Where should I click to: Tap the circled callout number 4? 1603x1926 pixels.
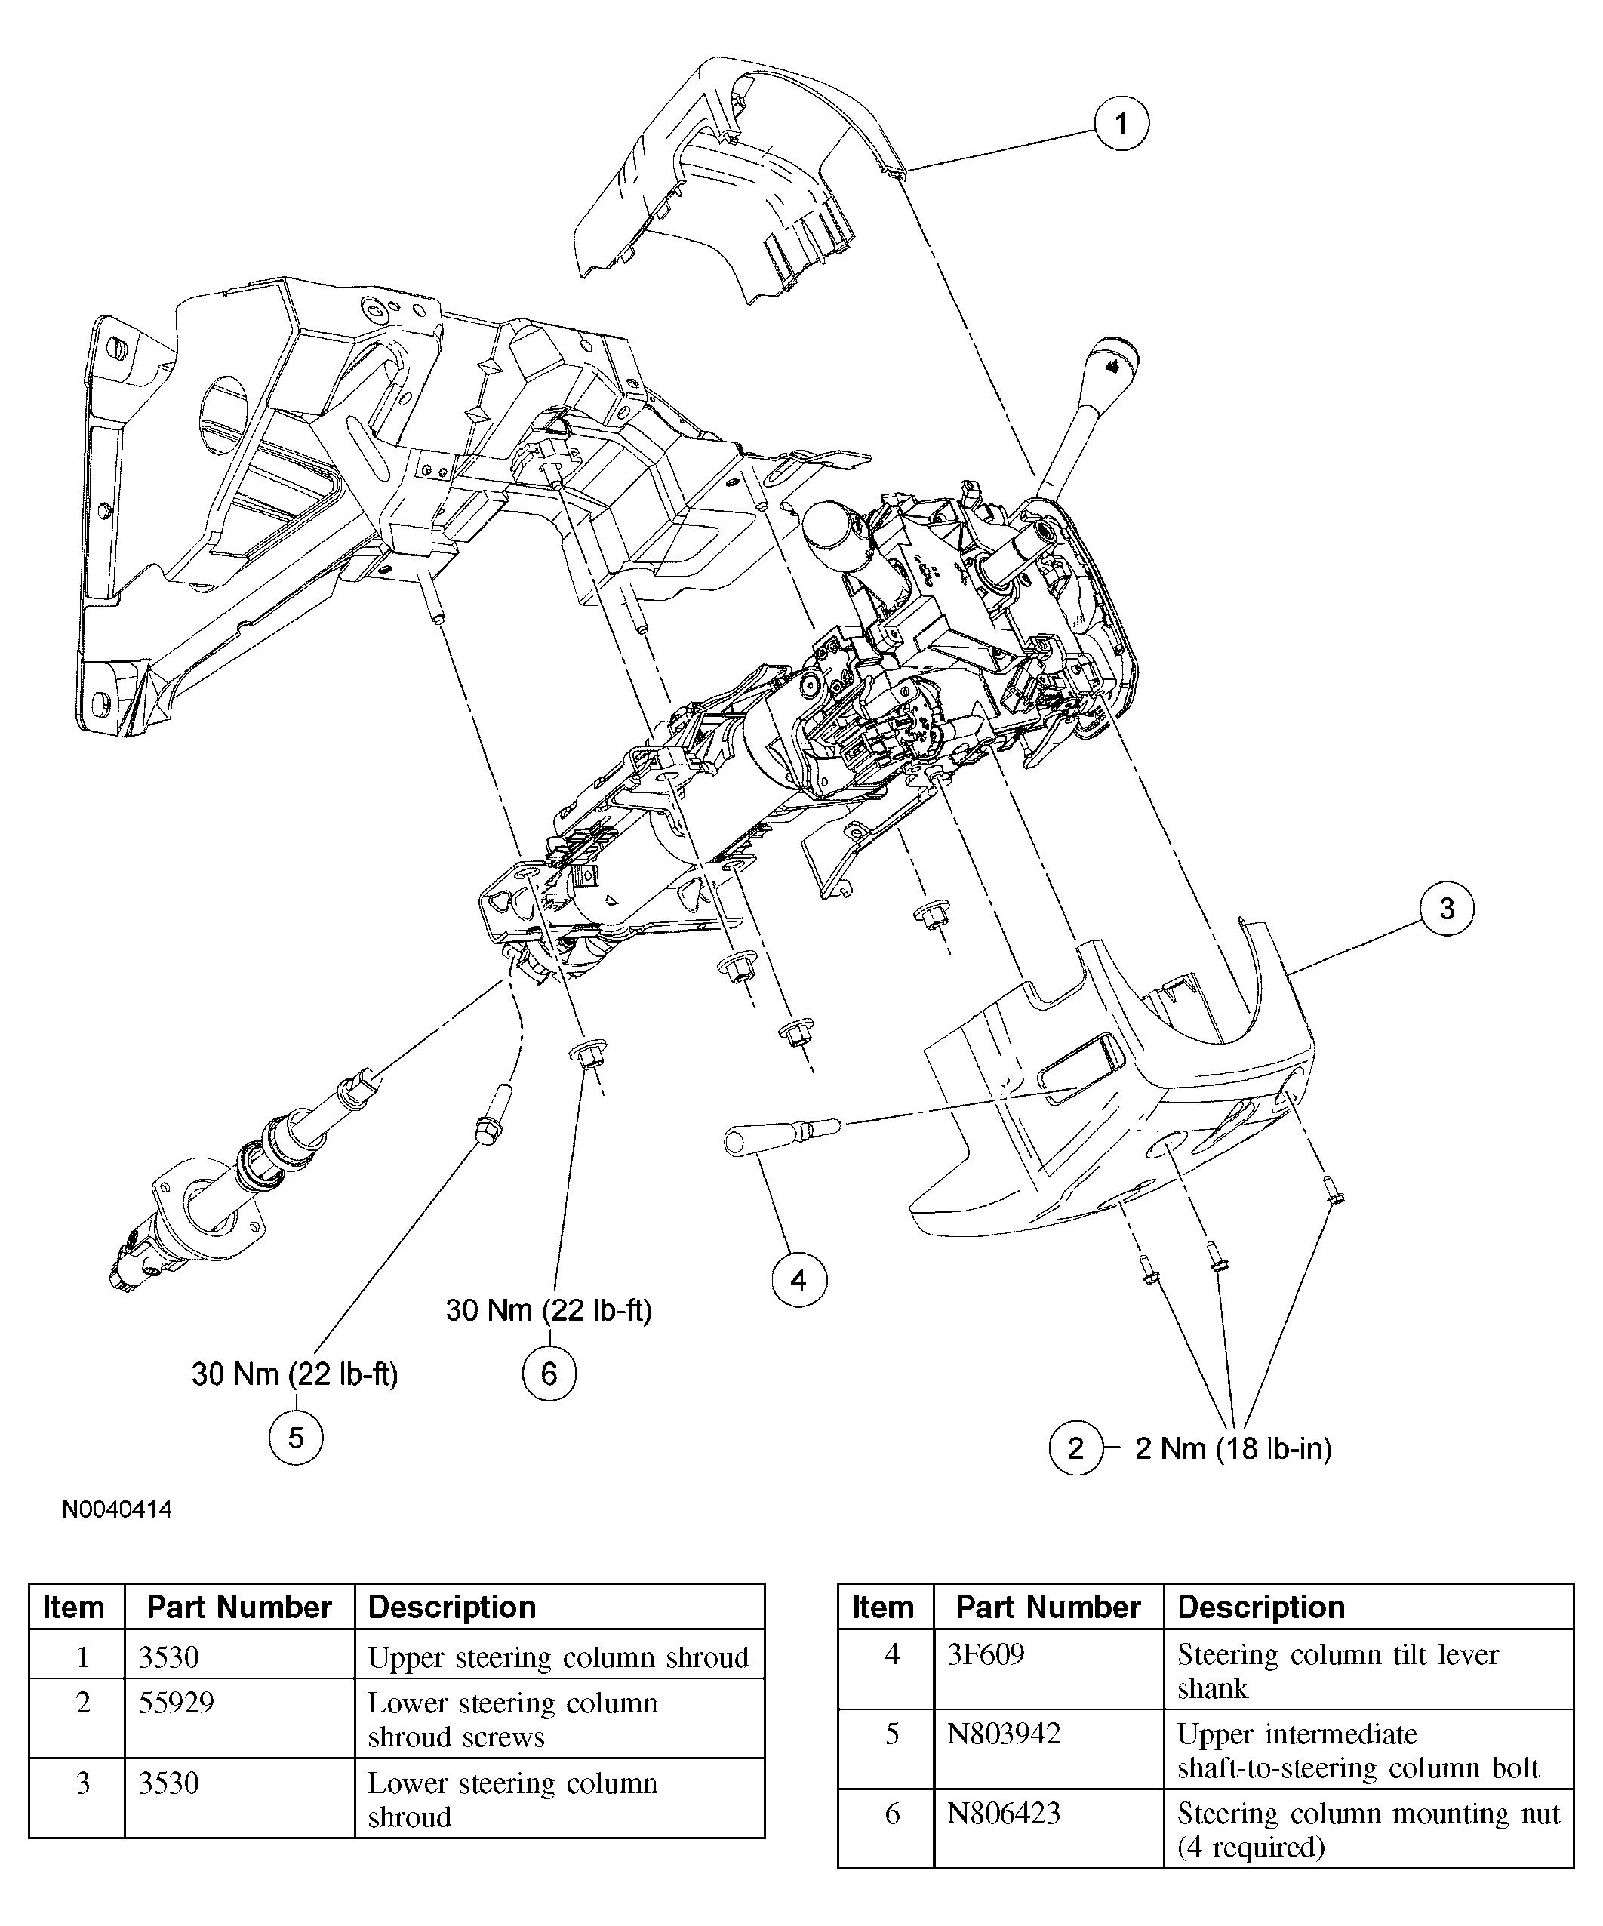click(x=798, y=1279)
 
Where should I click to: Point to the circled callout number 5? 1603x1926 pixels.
click(x=295, y=1437)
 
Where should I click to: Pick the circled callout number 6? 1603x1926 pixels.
click(x=549, y=1373)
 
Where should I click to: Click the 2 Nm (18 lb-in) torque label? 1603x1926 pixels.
click(x=1232, y=1448)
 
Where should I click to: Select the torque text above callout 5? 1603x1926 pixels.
click(x=294, y=1374)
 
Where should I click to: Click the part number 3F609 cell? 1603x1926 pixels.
click(x=986, y=1654)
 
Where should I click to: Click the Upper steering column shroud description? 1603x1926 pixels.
click(x=558, y=1657)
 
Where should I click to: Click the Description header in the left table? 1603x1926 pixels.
click(x=451, y=1607)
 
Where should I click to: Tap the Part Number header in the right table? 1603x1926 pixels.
click(x=1048, y=1607)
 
